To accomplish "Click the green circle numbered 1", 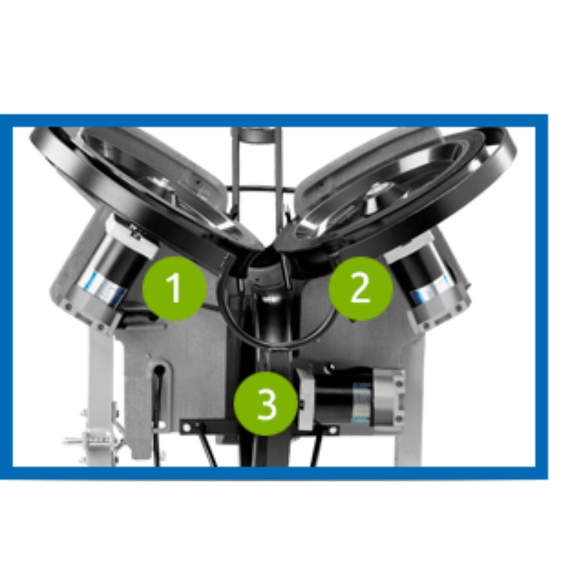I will tap(175, 288).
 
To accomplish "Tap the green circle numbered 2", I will tap(361, 288).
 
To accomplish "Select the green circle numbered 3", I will tap(265, 404).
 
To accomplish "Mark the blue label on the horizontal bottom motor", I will tap(363, 398).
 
